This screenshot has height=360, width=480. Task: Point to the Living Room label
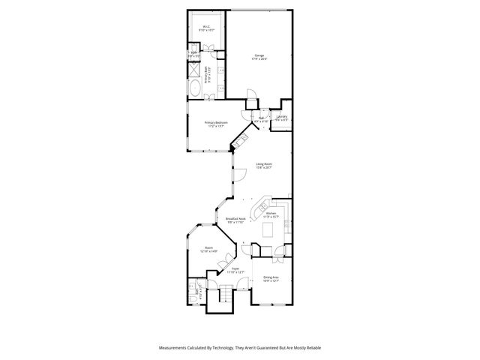click(x=263, y=165)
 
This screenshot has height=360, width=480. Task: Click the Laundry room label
click(x=282, y=117)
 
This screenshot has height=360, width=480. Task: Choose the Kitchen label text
click(x=271, y=214)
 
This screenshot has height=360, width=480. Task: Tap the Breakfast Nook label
click(x=236, y=220)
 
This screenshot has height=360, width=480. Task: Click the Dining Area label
click(x=271, y=279)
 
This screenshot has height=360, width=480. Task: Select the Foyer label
click(x=235, y=270)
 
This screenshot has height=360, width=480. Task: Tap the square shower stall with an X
click(x=193, y=70)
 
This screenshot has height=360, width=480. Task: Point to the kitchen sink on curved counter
click(x=264, y=205)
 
